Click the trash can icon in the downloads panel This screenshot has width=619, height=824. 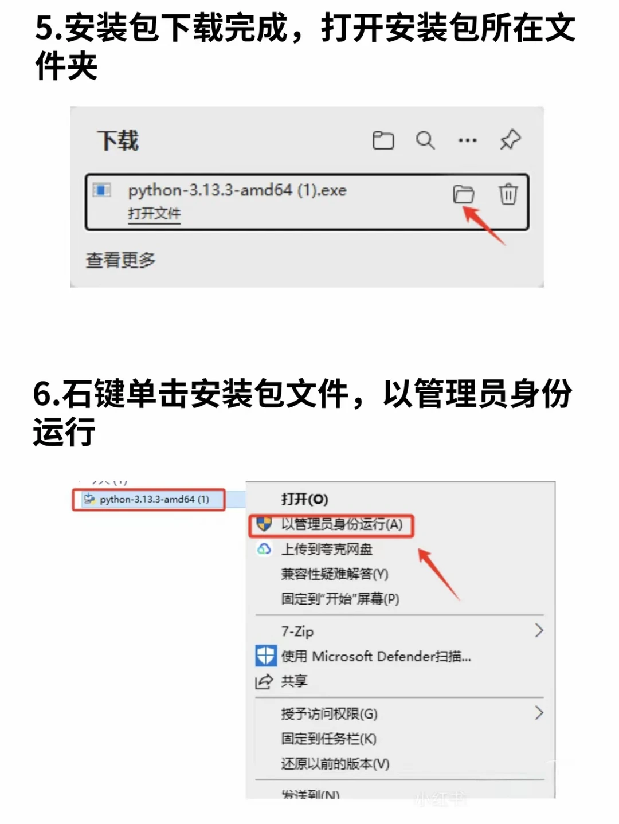pos(508,194)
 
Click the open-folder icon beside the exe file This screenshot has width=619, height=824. pos(463,194)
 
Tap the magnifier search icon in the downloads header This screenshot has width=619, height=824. pos(425,140)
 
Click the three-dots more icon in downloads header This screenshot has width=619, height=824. pos(467,140)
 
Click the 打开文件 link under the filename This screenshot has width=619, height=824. pos(154,214)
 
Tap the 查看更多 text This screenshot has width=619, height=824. pos(120,260)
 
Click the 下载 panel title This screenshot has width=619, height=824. pos(118,140)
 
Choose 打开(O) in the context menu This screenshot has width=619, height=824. pos(304,499)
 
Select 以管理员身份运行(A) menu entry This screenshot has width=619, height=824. pos(341,524)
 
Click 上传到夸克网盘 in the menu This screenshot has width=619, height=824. pos(326,550)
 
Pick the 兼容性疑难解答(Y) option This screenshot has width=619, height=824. pos(334,574)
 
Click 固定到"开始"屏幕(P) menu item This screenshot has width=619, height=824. pos(340,599)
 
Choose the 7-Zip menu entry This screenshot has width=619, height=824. pos(297,631)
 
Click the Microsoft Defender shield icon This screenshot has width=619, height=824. pos(265,656)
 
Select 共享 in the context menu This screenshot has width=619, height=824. pos(294,681)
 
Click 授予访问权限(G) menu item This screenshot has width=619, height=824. pos(329,714)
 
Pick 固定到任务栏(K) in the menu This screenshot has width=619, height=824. pos(328,739)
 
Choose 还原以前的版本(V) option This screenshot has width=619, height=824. pos(335,764)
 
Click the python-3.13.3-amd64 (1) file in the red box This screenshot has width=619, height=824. pos(154,499)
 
